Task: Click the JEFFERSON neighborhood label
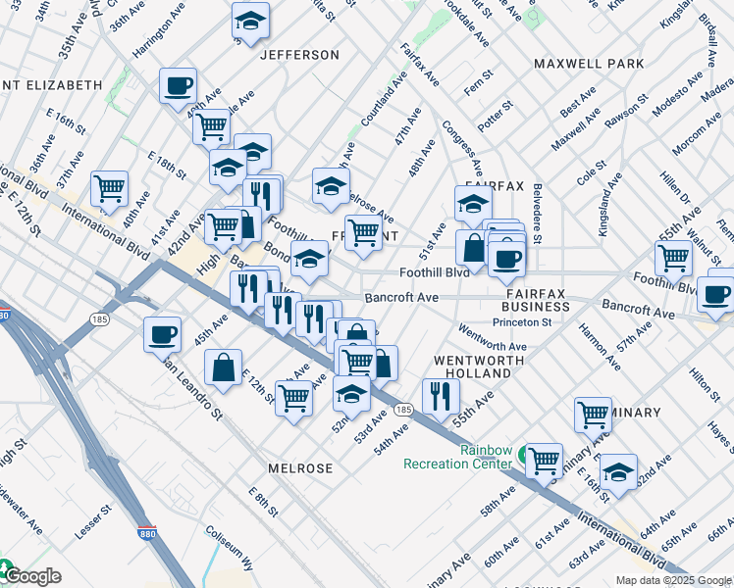point(299,55)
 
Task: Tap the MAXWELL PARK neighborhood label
point(589,64)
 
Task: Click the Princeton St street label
point(525,320)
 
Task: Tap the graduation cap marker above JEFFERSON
point(250,22)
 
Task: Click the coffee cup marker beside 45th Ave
point(163,335)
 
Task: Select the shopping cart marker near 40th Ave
point(109,188)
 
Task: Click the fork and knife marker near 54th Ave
point(440,395)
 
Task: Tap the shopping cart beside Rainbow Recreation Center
point(543,459)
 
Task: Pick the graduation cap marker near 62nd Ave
point(618,471)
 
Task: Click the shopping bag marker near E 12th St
point(224,368)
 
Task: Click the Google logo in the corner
point(31,576)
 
